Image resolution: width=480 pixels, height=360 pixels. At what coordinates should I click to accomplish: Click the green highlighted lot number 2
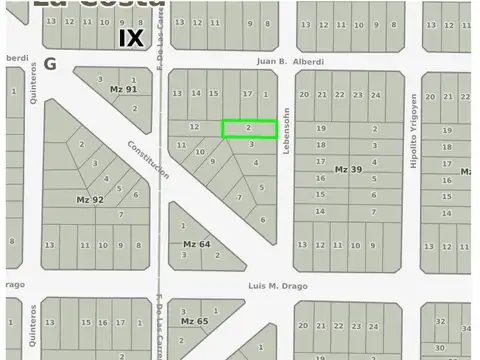(248, 128)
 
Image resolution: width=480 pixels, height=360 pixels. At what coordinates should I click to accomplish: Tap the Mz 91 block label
(123, 89)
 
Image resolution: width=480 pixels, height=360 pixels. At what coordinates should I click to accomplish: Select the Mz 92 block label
(90, 200)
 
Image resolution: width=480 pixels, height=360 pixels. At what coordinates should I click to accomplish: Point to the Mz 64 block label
(196, 244)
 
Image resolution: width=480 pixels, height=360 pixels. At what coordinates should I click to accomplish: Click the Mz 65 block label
(194, 321)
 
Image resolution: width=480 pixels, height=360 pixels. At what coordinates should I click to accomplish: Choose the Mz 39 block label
(348, 169)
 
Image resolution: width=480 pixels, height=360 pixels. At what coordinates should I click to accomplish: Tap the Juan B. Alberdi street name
(290, 61)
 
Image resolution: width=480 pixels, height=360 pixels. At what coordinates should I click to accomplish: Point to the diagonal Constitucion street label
(148, 159)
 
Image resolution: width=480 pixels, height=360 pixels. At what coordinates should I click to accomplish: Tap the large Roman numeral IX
(131, 38)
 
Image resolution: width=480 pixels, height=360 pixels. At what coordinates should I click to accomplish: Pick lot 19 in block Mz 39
(320, 129)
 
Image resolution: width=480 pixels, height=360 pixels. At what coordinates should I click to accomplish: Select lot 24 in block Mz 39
(375, 95)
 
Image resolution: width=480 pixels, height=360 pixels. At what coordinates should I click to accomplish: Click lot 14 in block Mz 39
(320, 211)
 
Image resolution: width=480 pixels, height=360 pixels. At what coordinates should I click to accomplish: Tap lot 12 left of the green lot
(194, 127)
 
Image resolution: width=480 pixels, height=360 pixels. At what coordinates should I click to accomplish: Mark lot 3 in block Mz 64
(184, 255)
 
